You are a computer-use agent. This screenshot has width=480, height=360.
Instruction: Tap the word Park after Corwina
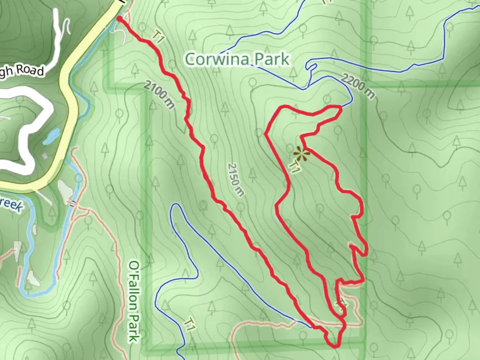(x=272, y=59)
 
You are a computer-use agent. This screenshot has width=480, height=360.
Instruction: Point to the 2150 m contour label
(x=236, y=179)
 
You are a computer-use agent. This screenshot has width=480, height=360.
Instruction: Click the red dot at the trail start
(x=119, y=19)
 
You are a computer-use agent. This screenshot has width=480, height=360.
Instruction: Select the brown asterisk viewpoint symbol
(x=300, y=153)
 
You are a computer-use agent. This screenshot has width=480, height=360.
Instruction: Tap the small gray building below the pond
(x=45, y=156)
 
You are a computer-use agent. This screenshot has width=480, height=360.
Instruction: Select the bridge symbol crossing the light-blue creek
(x=73, y=203)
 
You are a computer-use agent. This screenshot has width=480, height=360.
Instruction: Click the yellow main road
(x=70, y=100)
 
